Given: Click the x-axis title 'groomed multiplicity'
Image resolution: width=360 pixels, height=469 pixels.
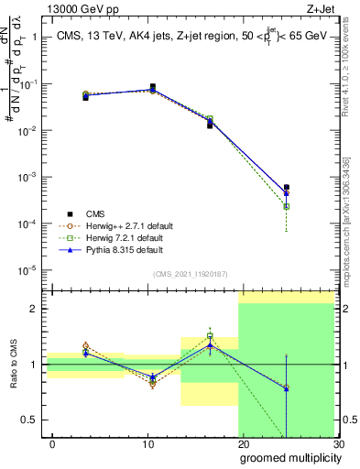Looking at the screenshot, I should (286, 457).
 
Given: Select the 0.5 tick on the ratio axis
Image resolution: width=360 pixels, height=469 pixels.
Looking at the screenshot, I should (31, 420).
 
